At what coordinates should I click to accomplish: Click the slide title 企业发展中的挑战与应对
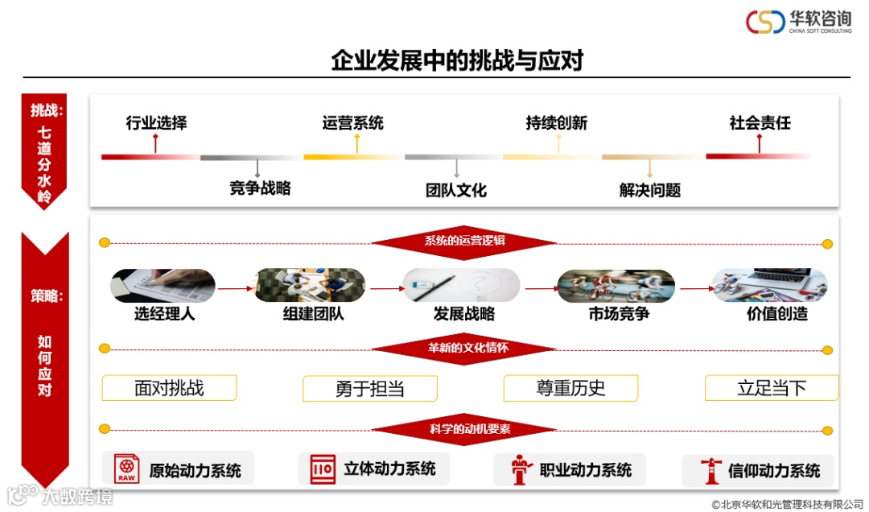[456, 61]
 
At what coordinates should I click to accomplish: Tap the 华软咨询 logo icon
[764, 22]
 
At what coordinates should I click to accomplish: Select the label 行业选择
[156, 123]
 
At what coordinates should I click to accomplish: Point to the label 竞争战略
[260, 189]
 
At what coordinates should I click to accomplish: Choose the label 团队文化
[456, 191]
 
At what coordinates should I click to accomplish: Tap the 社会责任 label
[760, 123]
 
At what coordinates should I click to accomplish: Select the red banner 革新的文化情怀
[464, 349]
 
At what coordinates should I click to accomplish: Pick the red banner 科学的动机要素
[464, 429]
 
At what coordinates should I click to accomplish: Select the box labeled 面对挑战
[169, 388]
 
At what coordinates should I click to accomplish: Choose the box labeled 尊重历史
[570, 388]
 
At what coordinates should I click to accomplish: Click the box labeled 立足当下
[772, 388]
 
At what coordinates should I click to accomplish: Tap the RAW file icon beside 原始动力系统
[126, 469]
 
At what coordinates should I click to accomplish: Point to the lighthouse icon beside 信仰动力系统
[710, 470]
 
